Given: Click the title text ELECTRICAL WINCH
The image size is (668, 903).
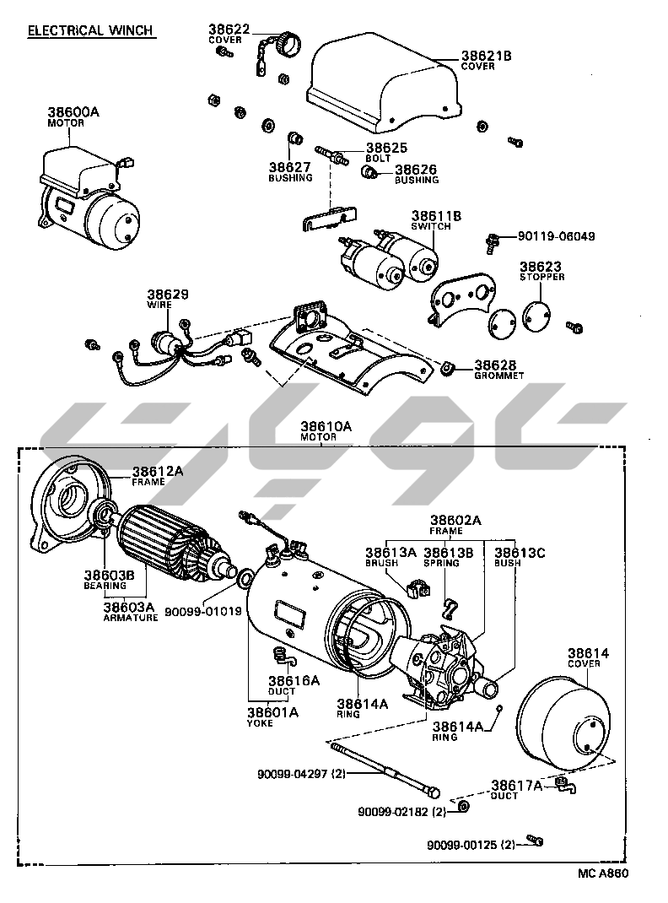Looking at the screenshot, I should coord(90,30).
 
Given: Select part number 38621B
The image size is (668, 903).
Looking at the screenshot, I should coord(486,56).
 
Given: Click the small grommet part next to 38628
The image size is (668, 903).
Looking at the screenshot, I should coord(448,367).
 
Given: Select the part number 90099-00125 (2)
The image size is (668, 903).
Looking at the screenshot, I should coord(471,845).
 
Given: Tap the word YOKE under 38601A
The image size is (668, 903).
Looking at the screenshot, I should coord(261,723).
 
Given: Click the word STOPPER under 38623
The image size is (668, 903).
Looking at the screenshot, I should coord(541,277).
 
